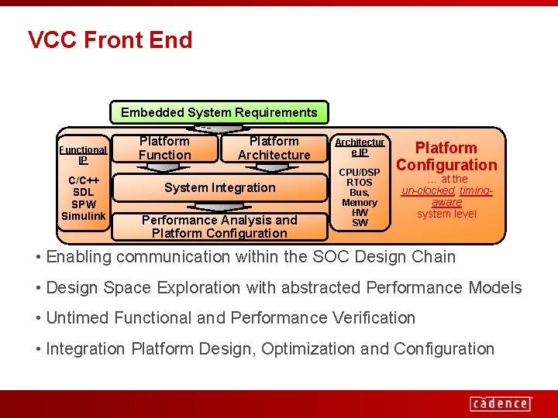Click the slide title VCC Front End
[110, 39]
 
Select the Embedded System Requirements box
[219, 113]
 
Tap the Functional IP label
[83, 155]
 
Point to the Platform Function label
[164, 148]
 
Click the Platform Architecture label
[274, 148]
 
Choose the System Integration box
[219, 187]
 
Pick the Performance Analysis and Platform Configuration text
[219, 226]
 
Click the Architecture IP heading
[360, 147]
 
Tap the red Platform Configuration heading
[446, 156]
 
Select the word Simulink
[83, 216]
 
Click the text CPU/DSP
[360, 172]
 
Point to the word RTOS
[360, 182]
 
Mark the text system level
[446, 214]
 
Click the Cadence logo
[500, 403]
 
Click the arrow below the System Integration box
[219, 206]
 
